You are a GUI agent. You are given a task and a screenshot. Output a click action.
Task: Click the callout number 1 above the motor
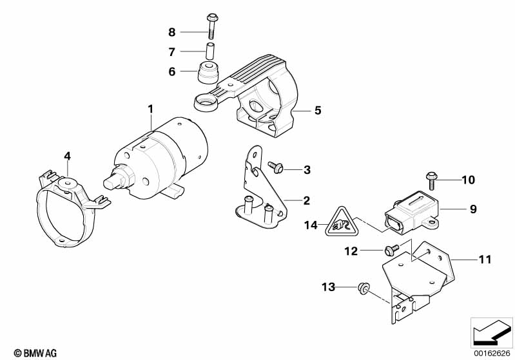tap(150, 109)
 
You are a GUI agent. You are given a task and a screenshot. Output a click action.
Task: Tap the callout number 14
tap(311, 225)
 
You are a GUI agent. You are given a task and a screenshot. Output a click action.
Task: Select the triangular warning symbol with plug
tap(338, 222)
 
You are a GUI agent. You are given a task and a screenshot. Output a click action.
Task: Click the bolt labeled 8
tap(211, 26)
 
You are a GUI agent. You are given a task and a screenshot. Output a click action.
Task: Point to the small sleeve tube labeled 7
tap(210, 51)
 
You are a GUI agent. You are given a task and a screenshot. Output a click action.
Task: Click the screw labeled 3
tap(276, 167)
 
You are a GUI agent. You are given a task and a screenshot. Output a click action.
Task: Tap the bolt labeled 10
tap(431, 181)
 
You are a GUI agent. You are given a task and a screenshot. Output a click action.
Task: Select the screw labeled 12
tap(391, 250)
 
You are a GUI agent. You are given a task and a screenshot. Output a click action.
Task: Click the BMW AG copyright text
tap(35, 353)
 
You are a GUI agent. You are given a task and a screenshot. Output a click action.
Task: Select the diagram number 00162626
tap(492, 354)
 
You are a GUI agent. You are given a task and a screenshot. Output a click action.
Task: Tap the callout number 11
tap(485, 260)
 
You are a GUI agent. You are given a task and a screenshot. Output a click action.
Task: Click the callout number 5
tap(318, 111)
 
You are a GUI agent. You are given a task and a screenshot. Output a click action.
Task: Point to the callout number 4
tap(67, 156)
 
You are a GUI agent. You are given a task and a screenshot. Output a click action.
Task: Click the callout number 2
tap(306, 200)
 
